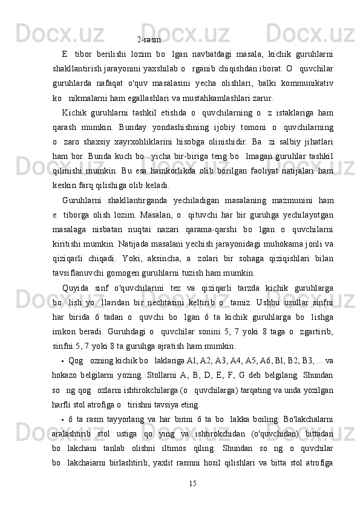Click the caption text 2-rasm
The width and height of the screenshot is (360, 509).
pyautogui.click(x=149, y=40)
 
